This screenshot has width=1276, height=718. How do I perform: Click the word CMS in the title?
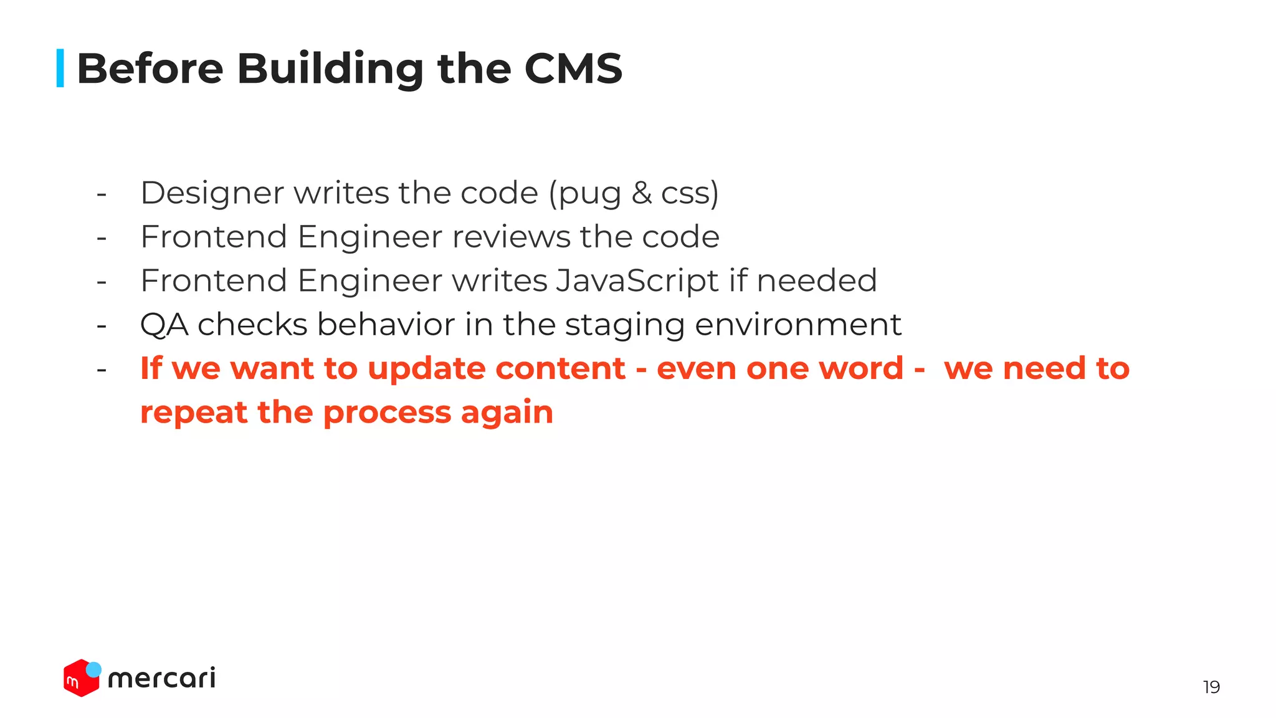[x=573, y=68]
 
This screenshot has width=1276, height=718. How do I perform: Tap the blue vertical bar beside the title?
[x=60, y=68]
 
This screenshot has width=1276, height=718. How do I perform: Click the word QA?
[x=164, y=325]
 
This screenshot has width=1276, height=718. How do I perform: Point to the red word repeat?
[x=194, y=413]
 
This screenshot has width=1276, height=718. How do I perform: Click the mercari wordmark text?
[x=161, y=678]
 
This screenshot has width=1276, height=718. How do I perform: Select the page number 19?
[x=1211, y=687]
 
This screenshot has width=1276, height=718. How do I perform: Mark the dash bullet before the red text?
[x=102, y=370]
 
